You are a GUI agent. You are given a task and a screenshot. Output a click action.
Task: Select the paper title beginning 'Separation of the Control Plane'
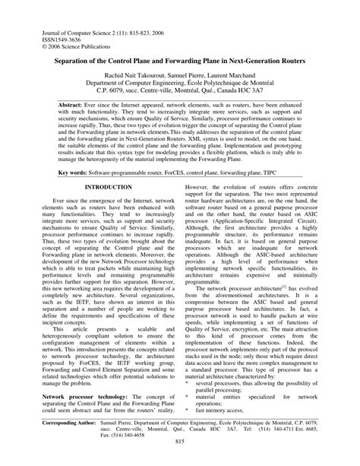pos(180,59)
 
